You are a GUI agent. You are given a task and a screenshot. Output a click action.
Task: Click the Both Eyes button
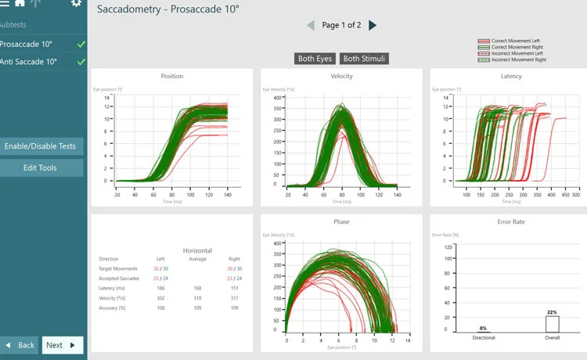coord(315,59)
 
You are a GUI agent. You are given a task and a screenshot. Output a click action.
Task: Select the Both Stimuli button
coord(365,59)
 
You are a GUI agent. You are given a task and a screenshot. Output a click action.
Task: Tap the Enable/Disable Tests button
coord(40,146)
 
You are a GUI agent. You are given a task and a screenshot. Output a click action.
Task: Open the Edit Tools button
coord(40,168)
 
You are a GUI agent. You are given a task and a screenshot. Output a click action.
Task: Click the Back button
coord(20,345)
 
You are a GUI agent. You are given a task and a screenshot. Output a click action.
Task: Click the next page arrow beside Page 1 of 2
coord(373,25)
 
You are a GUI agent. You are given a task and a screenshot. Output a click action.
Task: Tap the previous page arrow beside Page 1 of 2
coord(311,25)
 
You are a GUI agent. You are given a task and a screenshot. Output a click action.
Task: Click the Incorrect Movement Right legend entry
coord(514,59)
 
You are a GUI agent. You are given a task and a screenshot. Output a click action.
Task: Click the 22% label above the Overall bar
coord(552,312)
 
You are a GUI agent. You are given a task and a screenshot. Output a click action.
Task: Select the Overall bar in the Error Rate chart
coord(552,324)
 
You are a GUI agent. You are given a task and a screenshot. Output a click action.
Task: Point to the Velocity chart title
coord(341,76)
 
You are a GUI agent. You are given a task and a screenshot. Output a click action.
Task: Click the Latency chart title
coord(511,76)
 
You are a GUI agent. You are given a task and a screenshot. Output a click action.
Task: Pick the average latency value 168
coord(198,288)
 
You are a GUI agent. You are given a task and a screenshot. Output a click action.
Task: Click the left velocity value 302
coord(160,298)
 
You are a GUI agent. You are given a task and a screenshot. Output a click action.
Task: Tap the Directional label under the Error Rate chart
coord(484,338)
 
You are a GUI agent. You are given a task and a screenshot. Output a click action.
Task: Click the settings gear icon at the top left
coord(76,4)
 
